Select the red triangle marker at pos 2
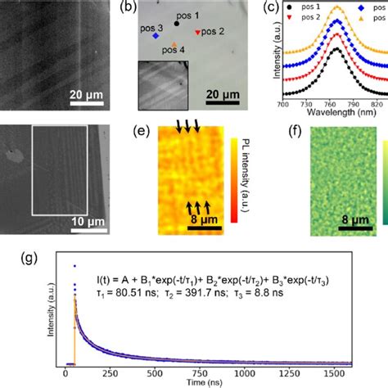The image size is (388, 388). tap(197, 32)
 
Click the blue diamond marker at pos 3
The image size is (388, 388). tap(156, 36)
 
